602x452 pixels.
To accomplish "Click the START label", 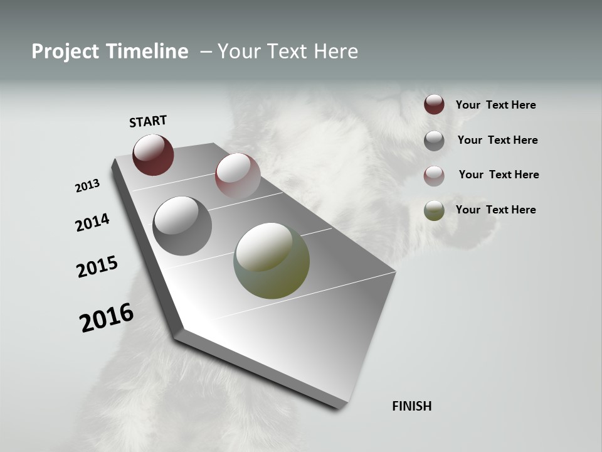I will point(148,121).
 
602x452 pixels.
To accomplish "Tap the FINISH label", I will point(412,406).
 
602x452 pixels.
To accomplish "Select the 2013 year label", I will point(87,186).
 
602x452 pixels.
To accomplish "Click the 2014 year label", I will point(92,223).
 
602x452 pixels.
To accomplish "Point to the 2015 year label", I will point(97,267).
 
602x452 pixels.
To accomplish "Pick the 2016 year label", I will point(107,318).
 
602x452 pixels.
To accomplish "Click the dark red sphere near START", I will point(153,155).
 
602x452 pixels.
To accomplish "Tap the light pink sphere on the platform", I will point(238,176).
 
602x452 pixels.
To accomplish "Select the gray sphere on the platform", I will point(182,226).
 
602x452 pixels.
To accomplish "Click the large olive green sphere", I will point(272,261).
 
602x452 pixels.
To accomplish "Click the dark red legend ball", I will point(434,105).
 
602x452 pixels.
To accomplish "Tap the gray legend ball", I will point(434,141).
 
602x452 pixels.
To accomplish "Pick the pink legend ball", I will point(434,175).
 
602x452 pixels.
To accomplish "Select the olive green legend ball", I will point(434,210).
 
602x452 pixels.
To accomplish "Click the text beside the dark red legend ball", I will point(495,105).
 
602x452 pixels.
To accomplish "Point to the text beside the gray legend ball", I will point(497,140).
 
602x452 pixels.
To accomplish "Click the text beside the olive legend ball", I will point(495,210).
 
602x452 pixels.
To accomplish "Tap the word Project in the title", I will point(65,51).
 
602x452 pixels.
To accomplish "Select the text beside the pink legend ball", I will point(499,175).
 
